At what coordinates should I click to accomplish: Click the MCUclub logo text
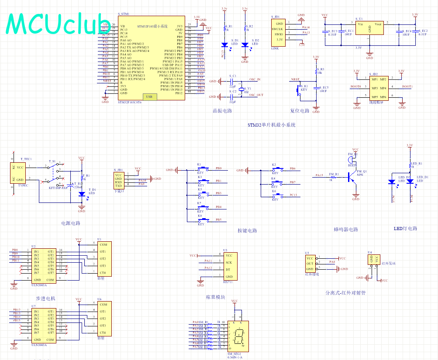click(57, 24)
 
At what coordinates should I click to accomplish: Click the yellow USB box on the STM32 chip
click(149, 96)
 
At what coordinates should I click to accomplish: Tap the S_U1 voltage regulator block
click(369, 29)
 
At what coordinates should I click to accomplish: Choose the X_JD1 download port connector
click(119, 180)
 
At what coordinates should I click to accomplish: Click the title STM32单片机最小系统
click(272, 124)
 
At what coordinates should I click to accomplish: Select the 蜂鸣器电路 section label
click(345, 229)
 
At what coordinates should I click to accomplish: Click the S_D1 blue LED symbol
click(224, 45)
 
